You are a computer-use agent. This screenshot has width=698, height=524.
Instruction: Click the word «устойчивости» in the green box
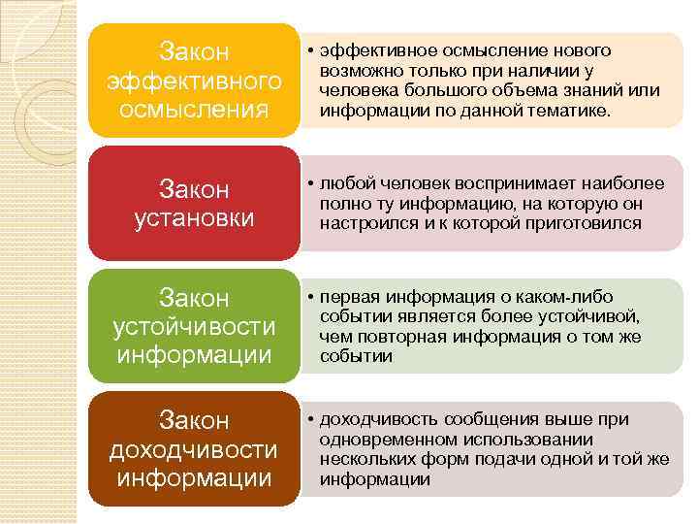[196, 325]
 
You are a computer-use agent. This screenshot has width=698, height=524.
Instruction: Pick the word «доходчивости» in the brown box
[196, 449]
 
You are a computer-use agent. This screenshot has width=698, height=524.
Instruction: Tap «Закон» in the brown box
[196, 421]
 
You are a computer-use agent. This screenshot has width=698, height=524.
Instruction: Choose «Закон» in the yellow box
[196, 51]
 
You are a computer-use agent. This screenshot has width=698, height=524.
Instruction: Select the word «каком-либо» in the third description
[573, 297]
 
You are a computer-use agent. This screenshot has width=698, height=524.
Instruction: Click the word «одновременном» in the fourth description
[378, 440]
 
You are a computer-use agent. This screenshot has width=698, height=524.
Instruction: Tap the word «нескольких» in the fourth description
[360, 459]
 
